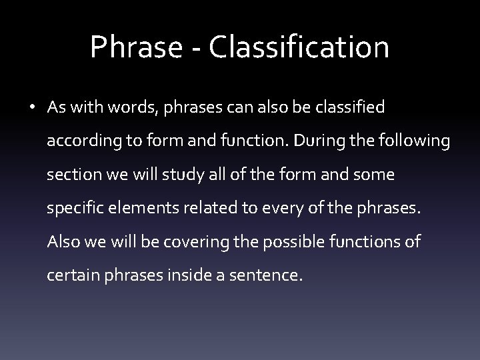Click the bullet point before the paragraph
[x=31, y=109]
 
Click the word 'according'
[x=80, y=141]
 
